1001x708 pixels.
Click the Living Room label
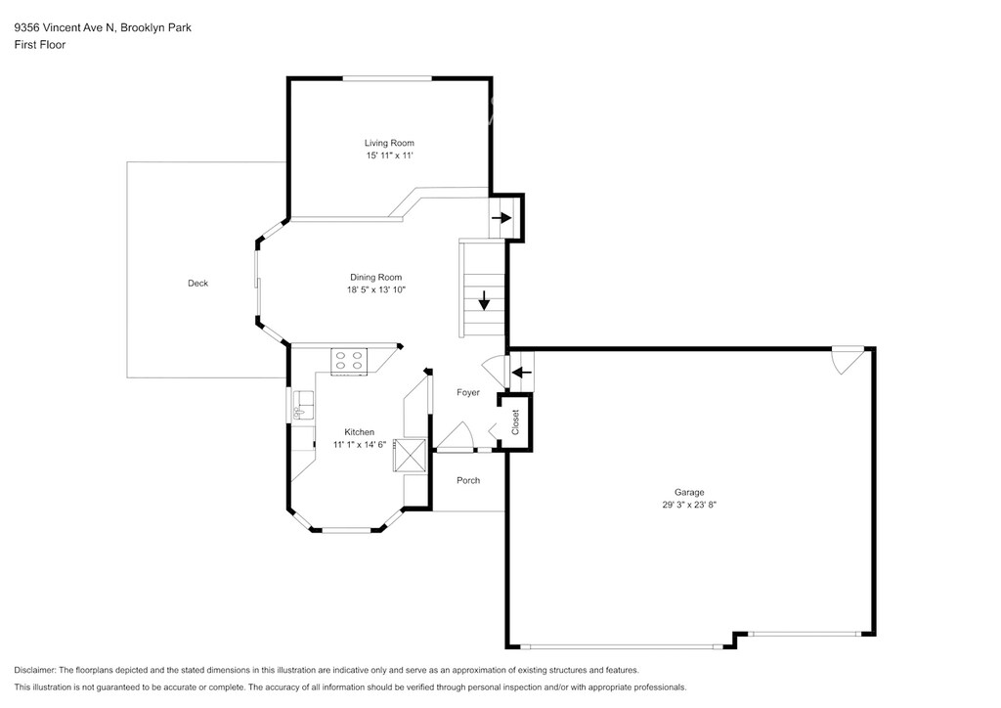click(389, 143)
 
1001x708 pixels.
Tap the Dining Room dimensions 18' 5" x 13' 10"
click(376, 289)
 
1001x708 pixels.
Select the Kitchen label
click(360, 432)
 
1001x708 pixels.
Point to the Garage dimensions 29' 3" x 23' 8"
click(689, 505)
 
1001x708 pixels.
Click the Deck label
click(197, 284)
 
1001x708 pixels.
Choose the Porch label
click(468, 480)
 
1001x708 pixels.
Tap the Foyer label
click(468, 392)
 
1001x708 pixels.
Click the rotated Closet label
click(515, 422)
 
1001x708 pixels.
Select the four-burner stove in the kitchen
click(349, 362)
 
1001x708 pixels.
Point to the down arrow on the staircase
click(484, 300)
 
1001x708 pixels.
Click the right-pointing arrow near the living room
click(501, 218)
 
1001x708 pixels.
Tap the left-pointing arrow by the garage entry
click(522, 372)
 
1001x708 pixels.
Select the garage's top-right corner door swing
click(848, 361)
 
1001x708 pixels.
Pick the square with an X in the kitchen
click(410, 455)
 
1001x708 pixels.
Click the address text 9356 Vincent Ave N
click(65, 27)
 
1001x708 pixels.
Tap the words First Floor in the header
click(39, 45)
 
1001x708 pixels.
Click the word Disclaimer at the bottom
click(34, 670)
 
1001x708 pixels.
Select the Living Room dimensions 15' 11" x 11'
click(389, 155)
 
